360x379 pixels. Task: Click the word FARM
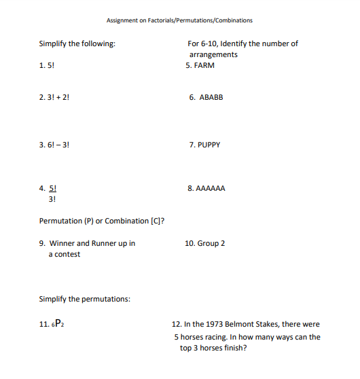coord(204,66)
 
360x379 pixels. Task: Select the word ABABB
coord(211,97)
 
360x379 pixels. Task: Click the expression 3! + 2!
coord(59,97)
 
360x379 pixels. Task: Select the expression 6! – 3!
coord(59,145)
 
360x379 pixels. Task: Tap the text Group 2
coord(211,243)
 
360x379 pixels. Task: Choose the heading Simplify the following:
coord(77,43)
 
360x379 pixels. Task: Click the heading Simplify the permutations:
coord(84,299)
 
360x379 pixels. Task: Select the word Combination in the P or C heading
coord(129,221)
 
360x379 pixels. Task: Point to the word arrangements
coord(213,54)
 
